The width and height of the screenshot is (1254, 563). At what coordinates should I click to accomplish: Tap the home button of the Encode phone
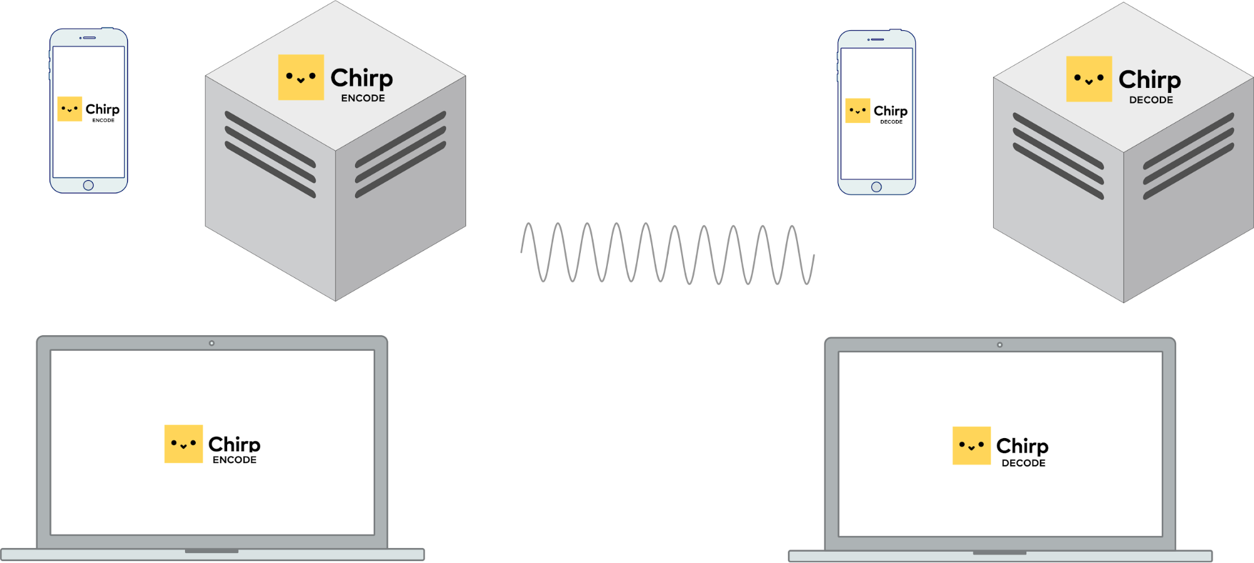(88, 185)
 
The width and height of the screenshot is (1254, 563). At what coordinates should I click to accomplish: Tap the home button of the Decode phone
(876, 187)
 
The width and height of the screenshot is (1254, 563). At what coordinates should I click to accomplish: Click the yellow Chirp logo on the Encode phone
(70, 109)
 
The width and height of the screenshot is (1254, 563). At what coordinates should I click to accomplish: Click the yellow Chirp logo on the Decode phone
(858, 110)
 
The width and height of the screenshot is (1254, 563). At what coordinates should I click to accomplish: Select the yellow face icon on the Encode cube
(301, 77)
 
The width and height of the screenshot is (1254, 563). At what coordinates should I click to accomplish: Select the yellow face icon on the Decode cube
(1089, 79)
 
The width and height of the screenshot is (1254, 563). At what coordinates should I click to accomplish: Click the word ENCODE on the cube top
(363, 99)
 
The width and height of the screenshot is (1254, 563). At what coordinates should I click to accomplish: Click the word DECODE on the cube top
(1151, 100)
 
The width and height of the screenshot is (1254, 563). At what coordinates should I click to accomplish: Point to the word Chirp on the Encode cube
(361, 78)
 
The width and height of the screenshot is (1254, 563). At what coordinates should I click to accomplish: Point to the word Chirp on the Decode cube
(1149, 80)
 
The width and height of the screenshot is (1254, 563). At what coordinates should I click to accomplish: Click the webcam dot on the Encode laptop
(212, 343)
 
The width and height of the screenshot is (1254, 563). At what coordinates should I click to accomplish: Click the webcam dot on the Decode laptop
(1000, 345)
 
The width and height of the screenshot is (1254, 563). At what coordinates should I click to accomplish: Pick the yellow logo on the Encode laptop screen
(183, 444)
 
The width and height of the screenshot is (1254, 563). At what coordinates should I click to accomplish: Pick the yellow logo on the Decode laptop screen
(971, 446)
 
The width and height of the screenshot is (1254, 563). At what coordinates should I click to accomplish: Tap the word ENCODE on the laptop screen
(235, 460)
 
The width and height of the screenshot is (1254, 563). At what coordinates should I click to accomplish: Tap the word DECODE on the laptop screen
(1023, 463)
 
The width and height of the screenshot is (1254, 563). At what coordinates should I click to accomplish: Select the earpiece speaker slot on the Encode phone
(90, 38)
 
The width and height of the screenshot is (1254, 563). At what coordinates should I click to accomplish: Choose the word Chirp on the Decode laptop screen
(1022, 446)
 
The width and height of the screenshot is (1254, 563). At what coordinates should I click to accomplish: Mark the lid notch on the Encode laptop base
(211, 551)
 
